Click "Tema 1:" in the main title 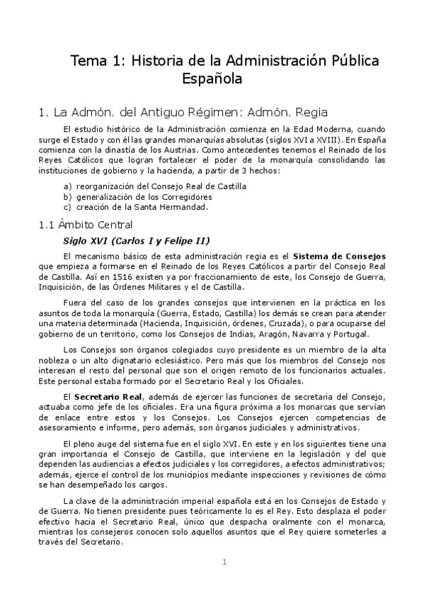96,61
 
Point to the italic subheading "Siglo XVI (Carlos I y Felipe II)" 137,240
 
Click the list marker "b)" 67,196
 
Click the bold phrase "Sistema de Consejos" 340,255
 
